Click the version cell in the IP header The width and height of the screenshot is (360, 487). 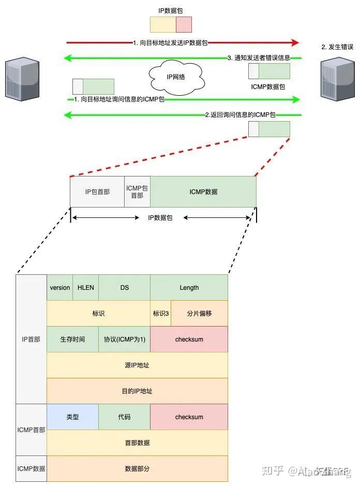click(x=59, y=288)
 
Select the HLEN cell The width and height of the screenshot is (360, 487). click(x=85, y=288)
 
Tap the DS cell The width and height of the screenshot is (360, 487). click(x=124, y=288)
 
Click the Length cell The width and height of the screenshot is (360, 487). click(x=189, y=288)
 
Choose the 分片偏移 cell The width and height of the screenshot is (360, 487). click(x=199, y=314)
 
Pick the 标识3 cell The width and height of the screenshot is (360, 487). click(x=160, y=314)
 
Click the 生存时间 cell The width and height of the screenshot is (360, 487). click(x=72, y=340)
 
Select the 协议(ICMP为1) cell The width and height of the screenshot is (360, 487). click(x=124, y=340)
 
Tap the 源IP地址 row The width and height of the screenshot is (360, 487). click(x=137, y=365)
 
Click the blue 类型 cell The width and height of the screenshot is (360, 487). click(x=72, y=417)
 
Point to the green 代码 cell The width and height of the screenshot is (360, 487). click(x=124, y=417)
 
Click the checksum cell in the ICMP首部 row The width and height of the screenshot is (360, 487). click(x=189, y=417)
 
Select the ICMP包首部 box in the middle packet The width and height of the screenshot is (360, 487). click(x=137, y=191)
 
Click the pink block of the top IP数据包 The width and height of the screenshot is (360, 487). click(x=184, y=25)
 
